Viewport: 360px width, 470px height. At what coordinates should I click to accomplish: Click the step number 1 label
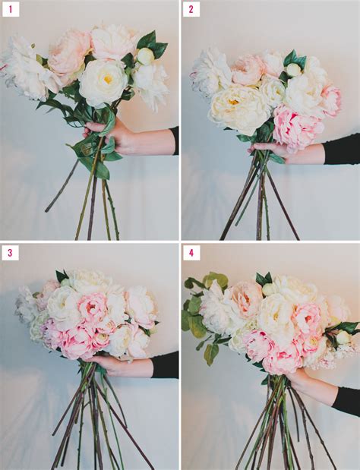[11, 10]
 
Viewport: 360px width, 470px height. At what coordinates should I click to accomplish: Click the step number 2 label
[191, 10]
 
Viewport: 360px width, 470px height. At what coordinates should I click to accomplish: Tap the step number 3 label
[11, 252]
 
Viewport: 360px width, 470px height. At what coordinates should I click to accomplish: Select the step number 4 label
[191, 252]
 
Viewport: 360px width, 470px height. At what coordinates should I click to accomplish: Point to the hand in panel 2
[273, 151]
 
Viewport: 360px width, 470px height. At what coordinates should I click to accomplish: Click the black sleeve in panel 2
[341, 150]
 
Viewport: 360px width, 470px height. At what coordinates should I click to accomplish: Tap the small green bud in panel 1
[145, 55]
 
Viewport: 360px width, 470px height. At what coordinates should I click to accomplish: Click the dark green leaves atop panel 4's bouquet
[261, 279]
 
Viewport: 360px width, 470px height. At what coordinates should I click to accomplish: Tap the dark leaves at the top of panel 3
[62, 276]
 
